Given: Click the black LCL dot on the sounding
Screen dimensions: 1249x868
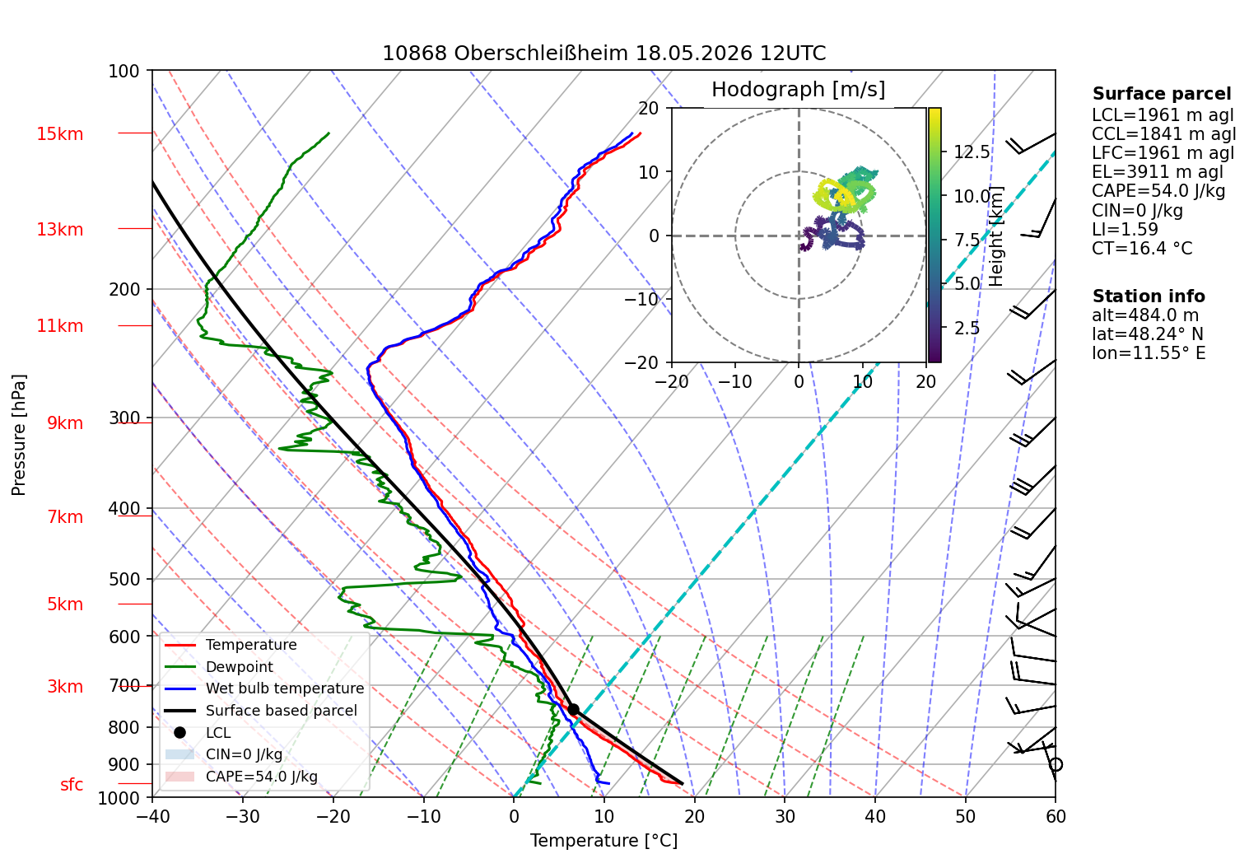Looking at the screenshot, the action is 573,710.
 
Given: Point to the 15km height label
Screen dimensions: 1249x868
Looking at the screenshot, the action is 59,134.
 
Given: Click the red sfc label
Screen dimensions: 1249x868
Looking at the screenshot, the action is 72,784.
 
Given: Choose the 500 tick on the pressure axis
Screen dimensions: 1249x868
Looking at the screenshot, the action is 124,579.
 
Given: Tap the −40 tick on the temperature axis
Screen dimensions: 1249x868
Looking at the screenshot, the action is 152,817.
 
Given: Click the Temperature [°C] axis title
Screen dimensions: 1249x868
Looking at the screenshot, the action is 604,841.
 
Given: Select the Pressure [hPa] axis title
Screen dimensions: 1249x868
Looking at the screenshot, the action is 18,435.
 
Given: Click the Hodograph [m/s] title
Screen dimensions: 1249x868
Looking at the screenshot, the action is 799,89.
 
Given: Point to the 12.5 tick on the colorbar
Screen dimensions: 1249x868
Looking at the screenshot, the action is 972,152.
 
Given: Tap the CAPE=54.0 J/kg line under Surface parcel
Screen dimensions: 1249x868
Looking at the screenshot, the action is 1158,191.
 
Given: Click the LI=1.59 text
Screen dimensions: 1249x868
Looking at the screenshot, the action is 1125,229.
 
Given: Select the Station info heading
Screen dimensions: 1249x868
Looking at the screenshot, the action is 1149,296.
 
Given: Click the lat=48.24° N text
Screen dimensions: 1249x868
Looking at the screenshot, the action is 1148,334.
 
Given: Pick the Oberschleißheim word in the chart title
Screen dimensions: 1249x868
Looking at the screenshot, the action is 541,54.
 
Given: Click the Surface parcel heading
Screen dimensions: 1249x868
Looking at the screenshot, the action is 1162,93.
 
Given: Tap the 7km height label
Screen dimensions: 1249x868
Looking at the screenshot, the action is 65,517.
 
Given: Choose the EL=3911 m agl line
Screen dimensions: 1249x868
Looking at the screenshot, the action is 1157,172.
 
